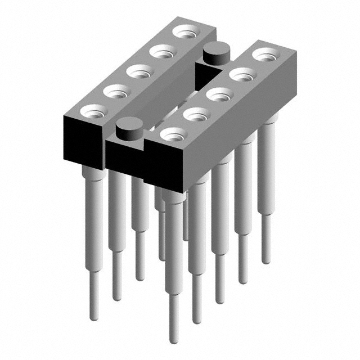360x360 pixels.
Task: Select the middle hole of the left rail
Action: (x=137, y=71)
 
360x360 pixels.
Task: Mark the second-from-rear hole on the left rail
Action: (x=161, y=53)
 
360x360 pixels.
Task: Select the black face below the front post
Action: (x=125, y=157)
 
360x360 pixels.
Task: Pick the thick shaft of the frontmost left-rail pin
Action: (x=94, y=214)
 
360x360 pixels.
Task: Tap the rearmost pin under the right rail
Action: (x=267, y=186)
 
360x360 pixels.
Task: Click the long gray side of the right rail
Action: (x=236, y=129)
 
